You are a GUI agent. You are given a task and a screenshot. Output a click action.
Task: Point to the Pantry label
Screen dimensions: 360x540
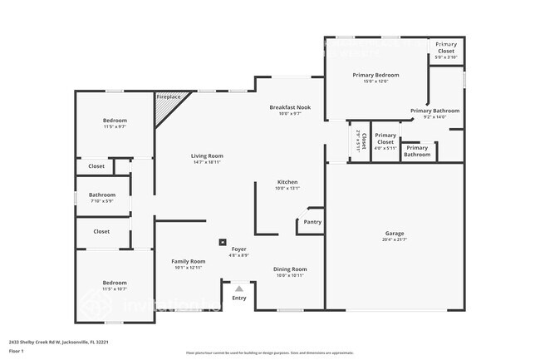tap(312, 222)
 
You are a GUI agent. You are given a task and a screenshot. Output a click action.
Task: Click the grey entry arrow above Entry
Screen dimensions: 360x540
tap(239, 288)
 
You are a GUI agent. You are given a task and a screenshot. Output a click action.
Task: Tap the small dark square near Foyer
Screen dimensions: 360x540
tap(222, 243)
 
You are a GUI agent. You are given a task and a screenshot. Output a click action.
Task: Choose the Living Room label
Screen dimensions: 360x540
tap(207, 155)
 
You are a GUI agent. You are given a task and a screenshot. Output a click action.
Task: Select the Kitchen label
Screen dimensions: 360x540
tap(287, 182)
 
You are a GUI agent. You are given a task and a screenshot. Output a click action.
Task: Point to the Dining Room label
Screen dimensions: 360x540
tap(291, 269)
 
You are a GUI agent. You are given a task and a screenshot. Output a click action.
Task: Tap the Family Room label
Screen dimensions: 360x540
tap(188, 261)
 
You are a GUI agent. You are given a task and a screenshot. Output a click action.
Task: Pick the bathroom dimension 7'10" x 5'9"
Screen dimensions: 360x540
tap(101, 200)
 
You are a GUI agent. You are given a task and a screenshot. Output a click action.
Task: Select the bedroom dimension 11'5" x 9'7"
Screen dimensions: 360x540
tap(115, 126)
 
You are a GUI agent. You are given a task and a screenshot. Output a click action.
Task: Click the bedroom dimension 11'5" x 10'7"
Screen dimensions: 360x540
tap(115, 289)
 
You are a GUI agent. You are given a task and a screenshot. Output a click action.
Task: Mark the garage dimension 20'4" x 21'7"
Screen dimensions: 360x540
tap(395, 239)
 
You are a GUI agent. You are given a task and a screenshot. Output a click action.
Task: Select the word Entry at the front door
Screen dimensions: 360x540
tap(239, 298)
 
